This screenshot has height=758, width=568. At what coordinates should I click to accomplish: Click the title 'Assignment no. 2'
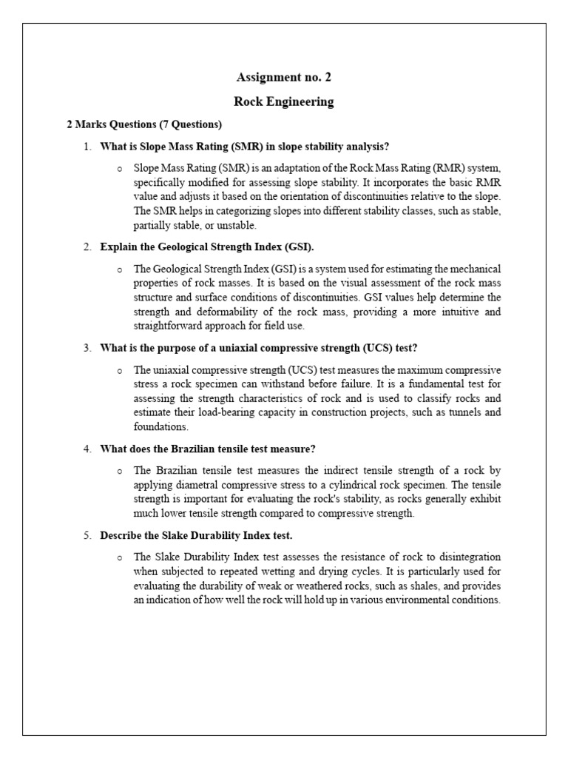tap(284, 77)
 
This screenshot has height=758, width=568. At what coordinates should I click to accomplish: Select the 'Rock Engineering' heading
tap(284, 101)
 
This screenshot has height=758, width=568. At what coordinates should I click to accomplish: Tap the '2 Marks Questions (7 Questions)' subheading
tap(144, 124)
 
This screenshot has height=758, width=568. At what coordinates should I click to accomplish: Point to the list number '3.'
tap(87, 347)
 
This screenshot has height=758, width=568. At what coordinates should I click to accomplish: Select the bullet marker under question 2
tap(119, 269)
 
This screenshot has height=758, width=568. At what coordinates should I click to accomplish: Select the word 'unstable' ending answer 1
tap(236, 225)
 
